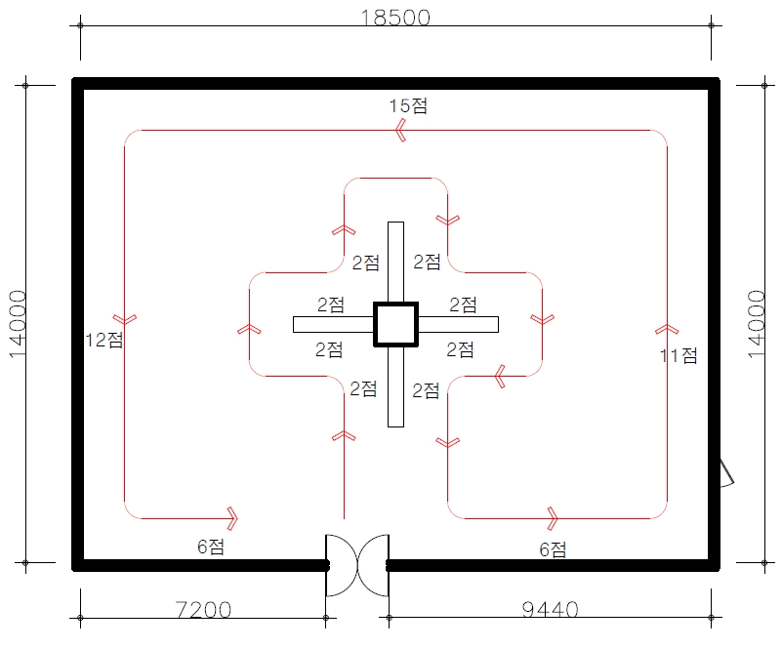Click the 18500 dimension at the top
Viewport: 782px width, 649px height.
(x=395, y=18)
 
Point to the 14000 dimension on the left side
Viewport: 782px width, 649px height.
(x=19, y=324)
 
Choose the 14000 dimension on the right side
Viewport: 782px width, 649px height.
(x=759, y=324)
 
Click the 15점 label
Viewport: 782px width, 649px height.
(x=408, y=106)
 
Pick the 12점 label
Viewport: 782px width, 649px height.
(x=104, y=340)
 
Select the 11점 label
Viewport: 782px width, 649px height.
(x=679, y=356)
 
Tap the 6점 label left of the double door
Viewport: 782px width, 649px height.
(x=211, y=547)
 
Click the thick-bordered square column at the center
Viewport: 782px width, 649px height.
(x=395, y=324)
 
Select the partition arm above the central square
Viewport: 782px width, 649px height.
(x=395, y=262)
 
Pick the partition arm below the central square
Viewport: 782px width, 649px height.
(x=395, y=386)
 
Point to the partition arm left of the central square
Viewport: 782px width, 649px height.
(x=333, y=324)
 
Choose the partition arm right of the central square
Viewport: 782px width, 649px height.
(x=458, y=324)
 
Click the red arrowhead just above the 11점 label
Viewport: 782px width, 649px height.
(x=667, y=329)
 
